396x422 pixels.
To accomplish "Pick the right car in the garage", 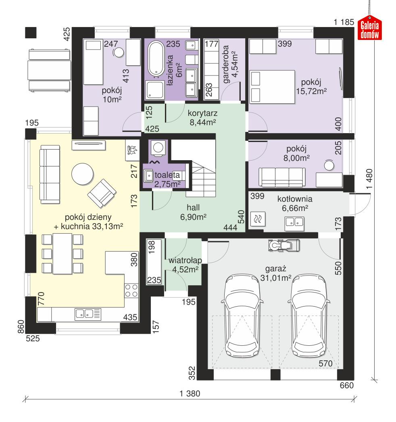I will tap(309, 315).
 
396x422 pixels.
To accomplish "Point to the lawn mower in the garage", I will tap(283, 244).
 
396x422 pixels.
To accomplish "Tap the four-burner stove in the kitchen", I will tap(131, 290).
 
